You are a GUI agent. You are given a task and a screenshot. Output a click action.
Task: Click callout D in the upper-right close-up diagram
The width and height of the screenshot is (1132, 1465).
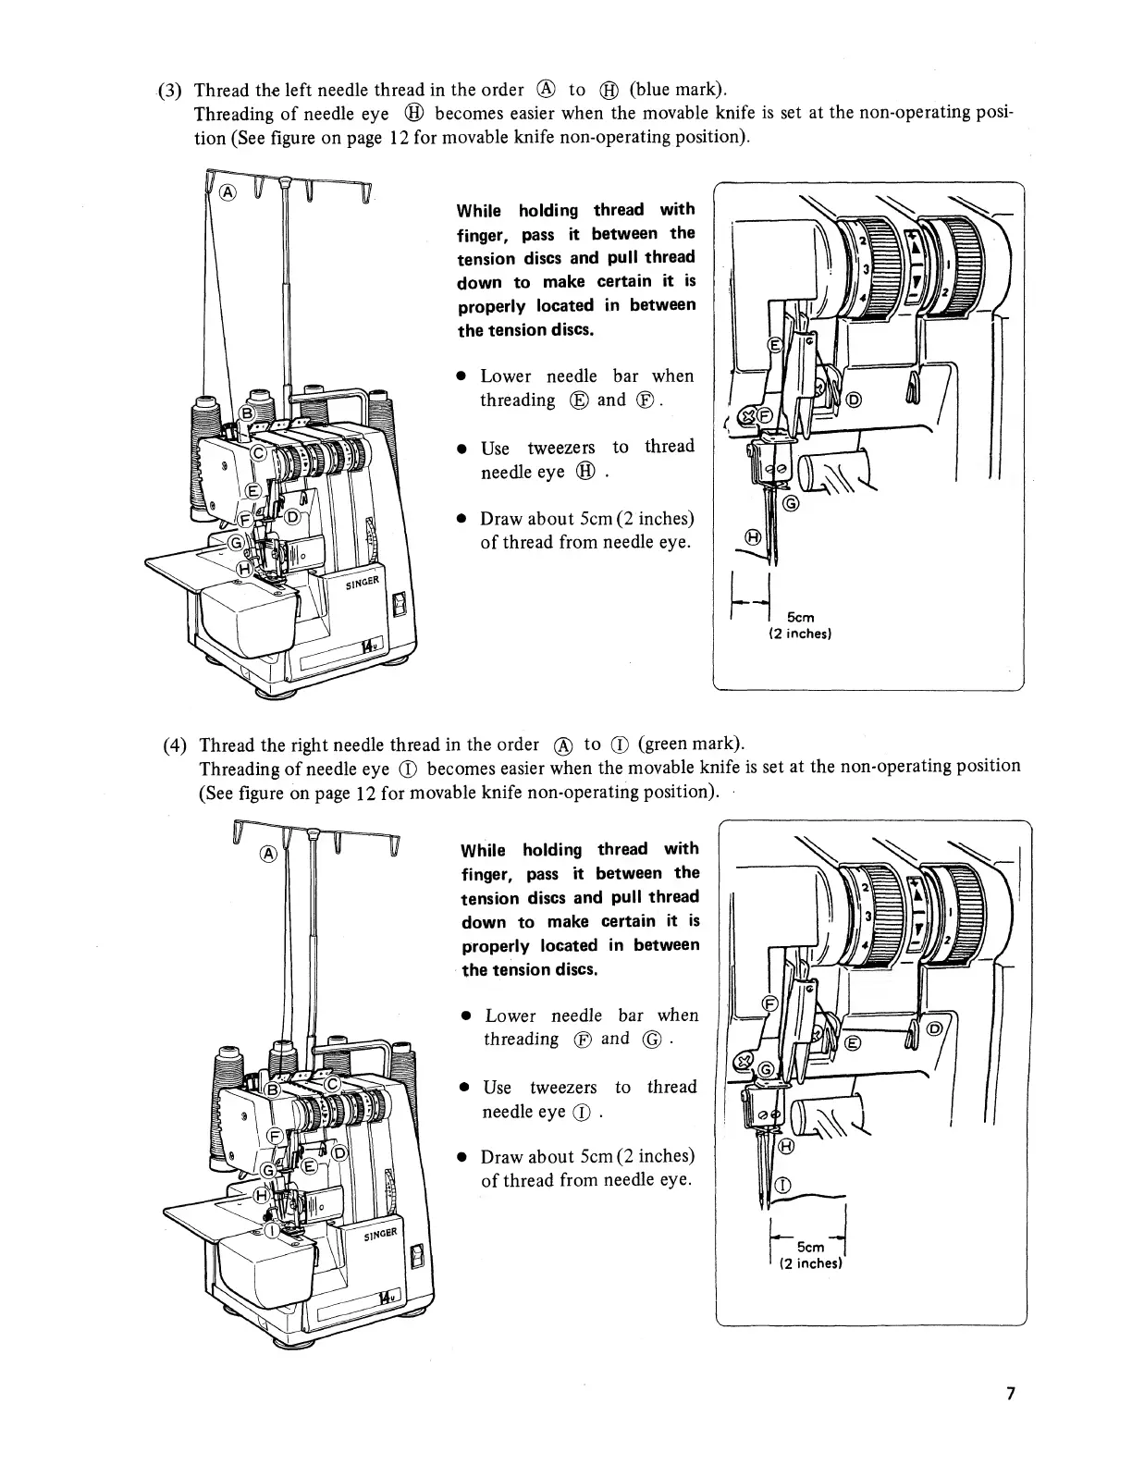coord(853,400)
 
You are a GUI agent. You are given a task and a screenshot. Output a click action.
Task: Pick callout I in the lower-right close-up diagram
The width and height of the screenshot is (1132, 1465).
coord(782,1185)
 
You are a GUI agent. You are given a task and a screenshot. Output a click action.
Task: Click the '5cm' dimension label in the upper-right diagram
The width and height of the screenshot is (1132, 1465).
coord(801,617)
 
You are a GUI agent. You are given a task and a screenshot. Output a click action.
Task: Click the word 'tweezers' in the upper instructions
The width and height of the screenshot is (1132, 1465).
coord(560,448)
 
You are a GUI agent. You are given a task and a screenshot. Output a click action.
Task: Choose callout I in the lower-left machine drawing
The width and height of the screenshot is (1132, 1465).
coord(271,1230)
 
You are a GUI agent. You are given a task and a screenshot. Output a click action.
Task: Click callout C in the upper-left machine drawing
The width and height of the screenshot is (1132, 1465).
coord(261,452)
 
